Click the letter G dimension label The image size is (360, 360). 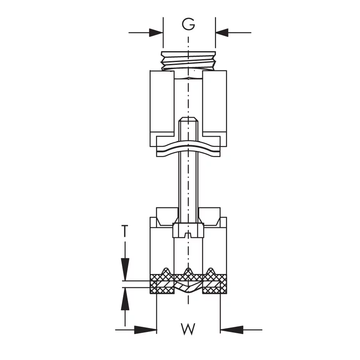[x=188, y=24]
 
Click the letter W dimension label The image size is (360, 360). [x=188, y=329]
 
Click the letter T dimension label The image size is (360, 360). [x=125, y=231]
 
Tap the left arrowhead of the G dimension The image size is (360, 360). [x=156, y=33]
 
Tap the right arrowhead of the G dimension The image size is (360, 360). [x=222, y=33]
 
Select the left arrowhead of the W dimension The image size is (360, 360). [x=145, y=330]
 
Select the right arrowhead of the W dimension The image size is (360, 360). [x=232, y=330]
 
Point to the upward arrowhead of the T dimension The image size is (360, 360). [x=125, y=299]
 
